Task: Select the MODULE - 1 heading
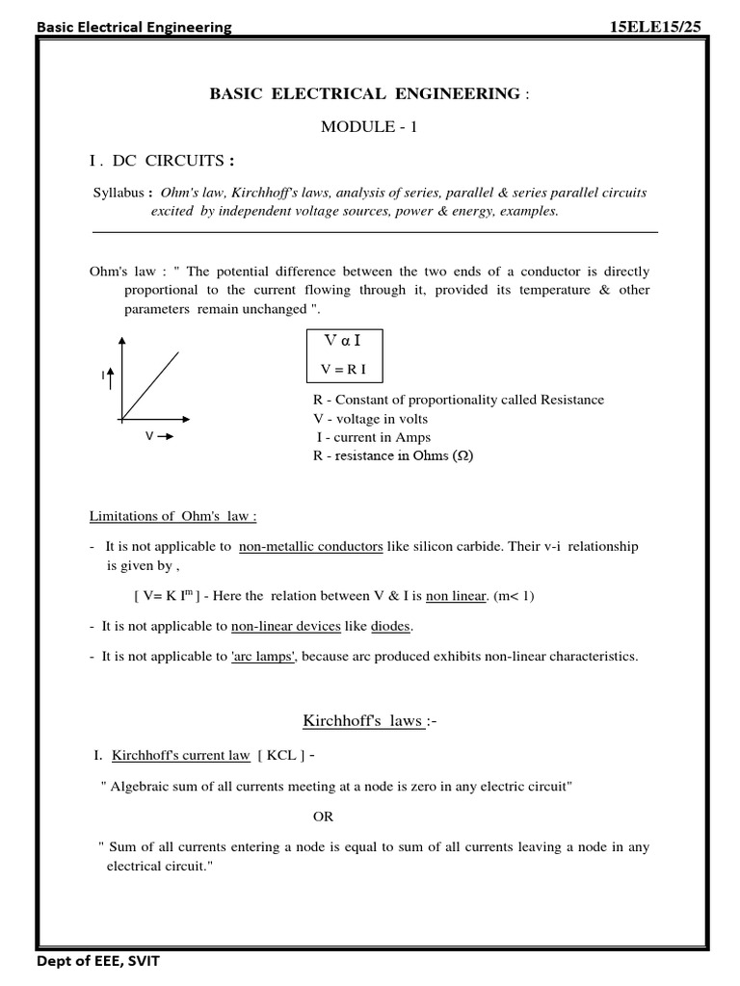(369, 127)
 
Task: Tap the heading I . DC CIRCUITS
(162, 160)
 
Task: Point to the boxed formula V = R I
(343, 370)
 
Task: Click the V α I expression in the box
(343, 342)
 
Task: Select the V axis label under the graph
(149, 436)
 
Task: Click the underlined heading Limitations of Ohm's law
(173, 515)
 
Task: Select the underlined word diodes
(391, 626)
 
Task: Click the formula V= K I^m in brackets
(172, 596)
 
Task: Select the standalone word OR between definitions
(323, 817)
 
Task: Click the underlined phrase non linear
(455, 596)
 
